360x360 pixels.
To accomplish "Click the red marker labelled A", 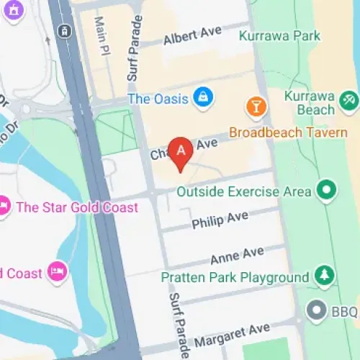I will pyautogui.click(x=180, y=152).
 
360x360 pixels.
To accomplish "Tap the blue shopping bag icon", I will pyautogui.click(x=204, y=98).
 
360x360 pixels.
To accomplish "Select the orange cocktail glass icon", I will pyautogui.click(x=256, y=108).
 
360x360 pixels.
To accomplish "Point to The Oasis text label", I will pyautogui.click(x=158, y=99).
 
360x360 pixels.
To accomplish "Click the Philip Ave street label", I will pyautogui.click(x=220, y=220).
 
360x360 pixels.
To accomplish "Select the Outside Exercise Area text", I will pyautogui.click(x=244, y=192).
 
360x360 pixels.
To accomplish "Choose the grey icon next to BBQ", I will pyautogui.click(x=315, y=310).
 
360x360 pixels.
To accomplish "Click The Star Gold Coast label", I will pyautogui.click(x=77, y=207).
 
